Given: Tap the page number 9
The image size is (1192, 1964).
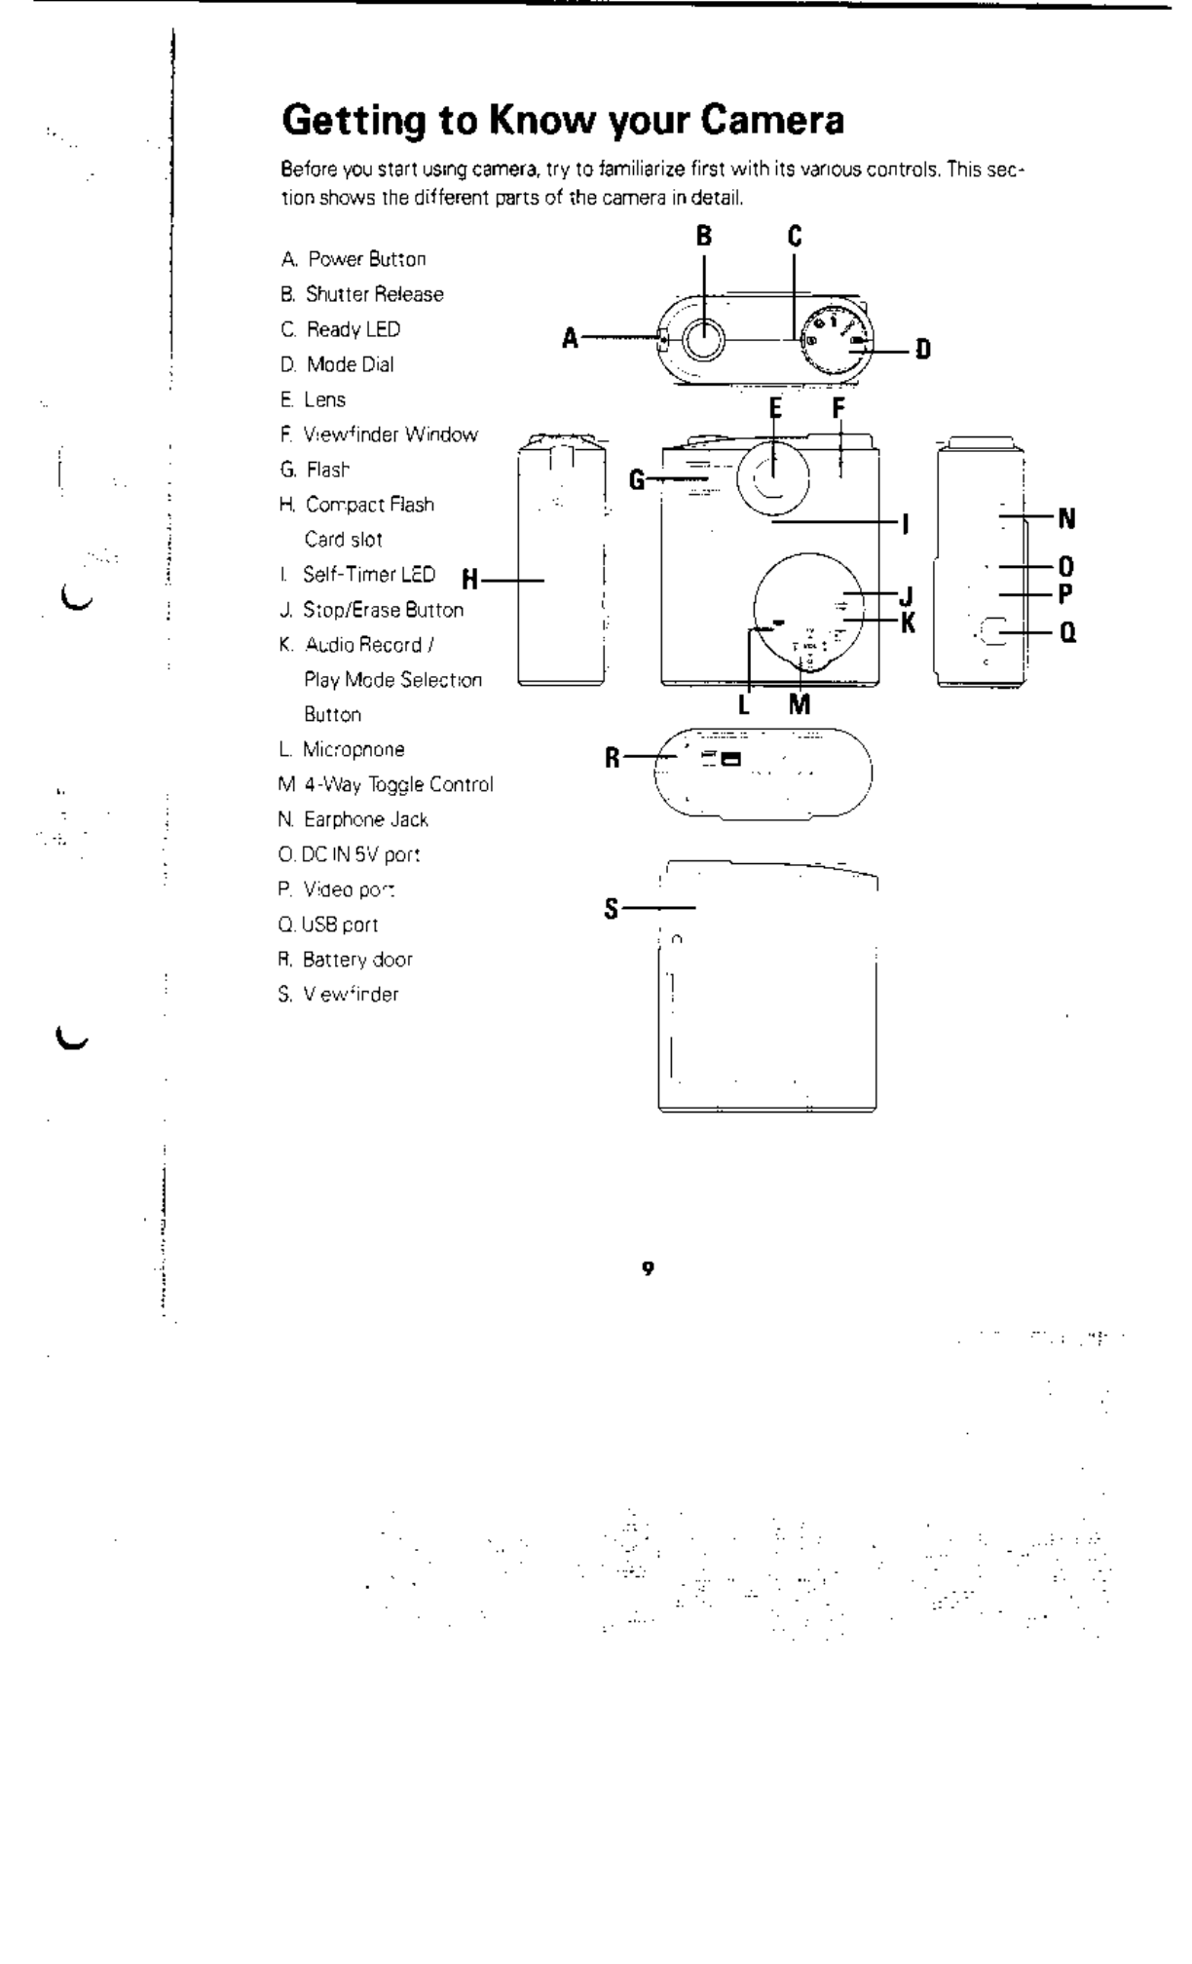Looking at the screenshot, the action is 647,1267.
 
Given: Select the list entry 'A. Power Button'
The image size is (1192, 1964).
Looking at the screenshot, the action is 354,259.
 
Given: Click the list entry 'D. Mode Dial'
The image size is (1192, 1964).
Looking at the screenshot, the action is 337,364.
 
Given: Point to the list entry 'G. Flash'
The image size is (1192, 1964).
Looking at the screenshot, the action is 315,470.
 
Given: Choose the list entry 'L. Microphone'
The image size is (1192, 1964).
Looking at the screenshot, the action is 341,749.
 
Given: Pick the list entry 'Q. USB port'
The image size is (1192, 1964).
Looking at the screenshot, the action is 328,925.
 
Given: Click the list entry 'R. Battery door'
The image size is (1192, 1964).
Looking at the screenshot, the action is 346,960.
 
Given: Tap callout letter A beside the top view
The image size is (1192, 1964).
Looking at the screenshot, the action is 571,339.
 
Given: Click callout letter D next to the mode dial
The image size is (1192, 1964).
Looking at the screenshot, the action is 922,349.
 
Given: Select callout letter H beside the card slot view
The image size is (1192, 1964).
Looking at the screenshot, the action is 469,581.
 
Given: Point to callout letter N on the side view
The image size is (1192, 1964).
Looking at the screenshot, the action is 1066,518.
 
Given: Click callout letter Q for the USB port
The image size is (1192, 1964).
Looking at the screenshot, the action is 1067,633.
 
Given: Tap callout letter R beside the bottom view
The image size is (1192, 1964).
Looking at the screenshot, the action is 613,757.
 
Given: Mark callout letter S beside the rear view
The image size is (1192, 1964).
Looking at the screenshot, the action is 612,910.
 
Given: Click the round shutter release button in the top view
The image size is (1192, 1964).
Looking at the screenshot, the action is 704,339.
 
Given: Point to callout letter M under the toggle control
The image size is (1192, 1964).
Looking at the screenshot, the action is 799,704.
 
